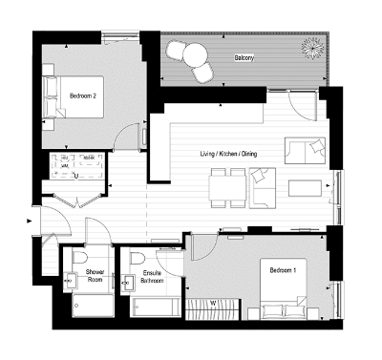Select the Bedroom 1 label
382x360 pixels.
pyautogui.click(x=284, y=270)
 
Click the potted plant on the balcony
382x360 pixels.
pyautogui.click(x=311, y=47)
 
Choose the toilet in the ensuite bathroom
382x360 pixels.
pyautogui.click(x=138, y=260)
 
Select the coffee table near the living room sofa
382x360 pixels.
pyautogui.click(x=307, y=184)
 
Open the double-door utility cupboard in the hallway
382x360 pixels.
pyautogui.click(x=76, y=198)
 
